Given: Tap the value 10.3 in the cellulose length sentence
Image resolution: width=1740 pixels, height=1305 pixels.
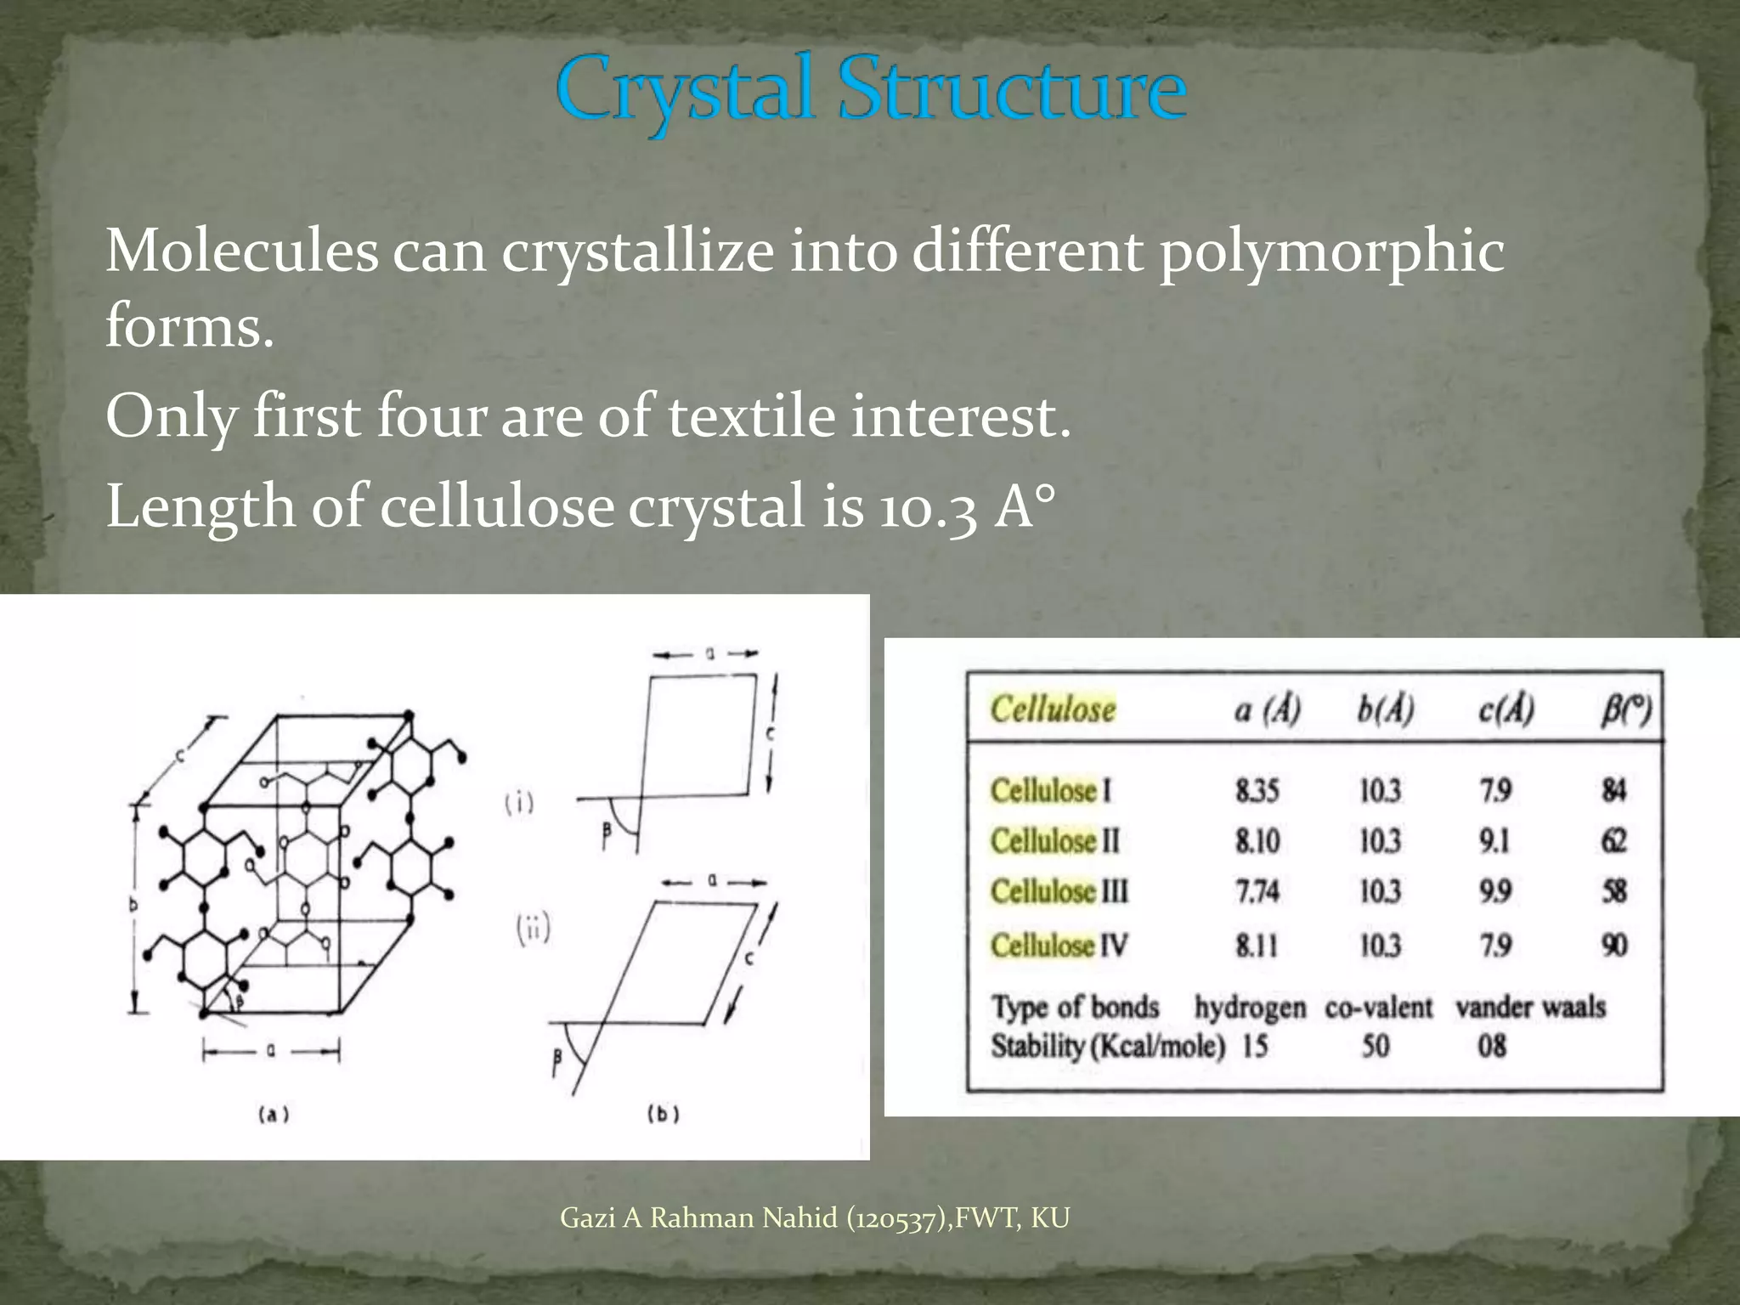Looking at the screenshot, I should click(927, 507).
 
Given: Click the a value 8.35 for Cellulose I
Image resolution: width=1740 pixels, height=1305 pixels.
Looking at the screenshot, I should click(1257, 791).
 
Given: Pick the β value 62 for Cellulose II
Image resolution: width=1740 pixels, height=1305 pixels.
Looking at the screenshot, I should click(1613, 841).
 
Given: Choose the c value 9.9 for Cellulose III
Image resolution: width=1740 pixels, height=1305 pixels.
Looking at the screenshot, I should click(1495, 891).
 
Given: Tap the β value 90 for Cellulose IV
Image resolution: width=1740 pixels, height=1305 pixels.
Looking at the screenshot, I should click(1614, 945).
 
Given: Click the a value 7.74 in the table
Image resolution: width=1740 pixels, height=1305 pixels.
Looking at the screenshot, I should click(1257, 891).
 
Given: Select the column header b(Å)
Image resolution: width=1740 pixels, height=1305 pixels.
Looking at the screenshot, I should click(1385, 709).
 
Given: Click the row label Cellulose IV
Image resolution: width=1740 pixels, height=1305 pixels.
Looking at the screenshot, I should click(1059, 945).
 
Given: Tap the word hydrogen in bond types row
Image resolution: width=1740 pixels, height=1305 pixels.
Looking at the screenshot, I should click(1250, 1008).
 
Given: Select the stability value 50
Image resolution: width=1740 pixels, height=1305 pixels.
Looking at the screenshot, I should click(1376, 1046).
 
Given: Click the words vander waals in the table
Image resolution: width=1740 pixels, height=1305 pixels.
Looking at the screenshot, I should click(1530, 1008).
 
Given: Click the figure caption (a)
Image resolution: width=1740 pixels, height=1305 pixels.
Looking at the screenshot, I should click(274, 1114).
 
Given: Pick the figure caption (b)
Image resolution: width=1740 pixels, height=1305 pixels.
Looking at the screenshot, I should click(664, 1114).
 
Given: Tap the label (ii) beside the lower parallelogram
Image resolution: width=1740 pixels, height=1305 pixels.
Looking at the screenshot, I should click(534, 929).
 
